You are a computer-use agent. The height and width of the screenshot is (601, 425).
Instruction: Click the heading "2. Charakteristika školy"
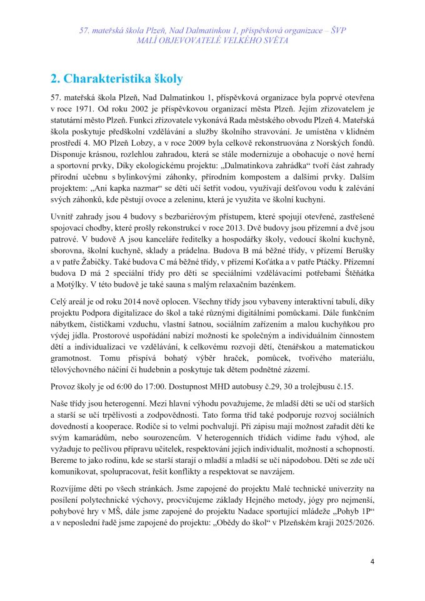116,79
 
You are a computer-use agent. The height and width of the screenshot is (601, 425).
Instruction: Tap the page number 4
372,561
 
